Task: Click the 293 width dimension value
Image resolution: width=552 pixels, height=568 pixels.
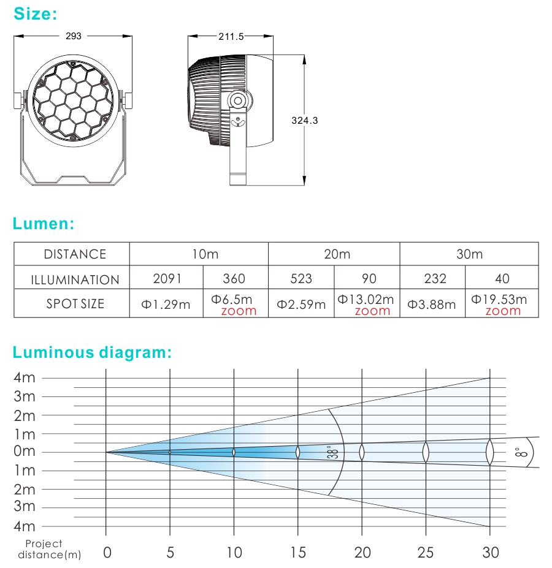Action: point(73,36)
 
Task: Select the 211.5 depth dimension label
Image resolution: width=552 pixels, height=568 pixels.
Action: point(231,37)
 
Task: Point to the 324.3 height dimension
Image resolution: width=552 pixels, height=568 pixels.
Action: point(305,120)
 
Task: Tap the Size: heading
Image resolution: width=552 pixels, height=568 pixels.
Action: point(35,14)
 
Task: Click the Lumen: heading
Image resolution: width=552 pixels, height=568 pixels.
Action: point(44,223)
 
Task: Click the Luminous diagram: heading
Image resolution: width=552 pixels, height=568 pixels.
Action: point(92,352)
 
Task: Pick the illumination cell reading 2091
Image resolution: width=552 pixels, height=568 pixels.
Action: point(167,278)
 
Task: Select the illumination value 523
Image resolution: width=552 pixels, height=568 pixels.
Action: point(301,278)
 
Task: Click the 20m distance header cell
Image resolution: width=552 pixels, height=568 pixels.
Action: point(337,254)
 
